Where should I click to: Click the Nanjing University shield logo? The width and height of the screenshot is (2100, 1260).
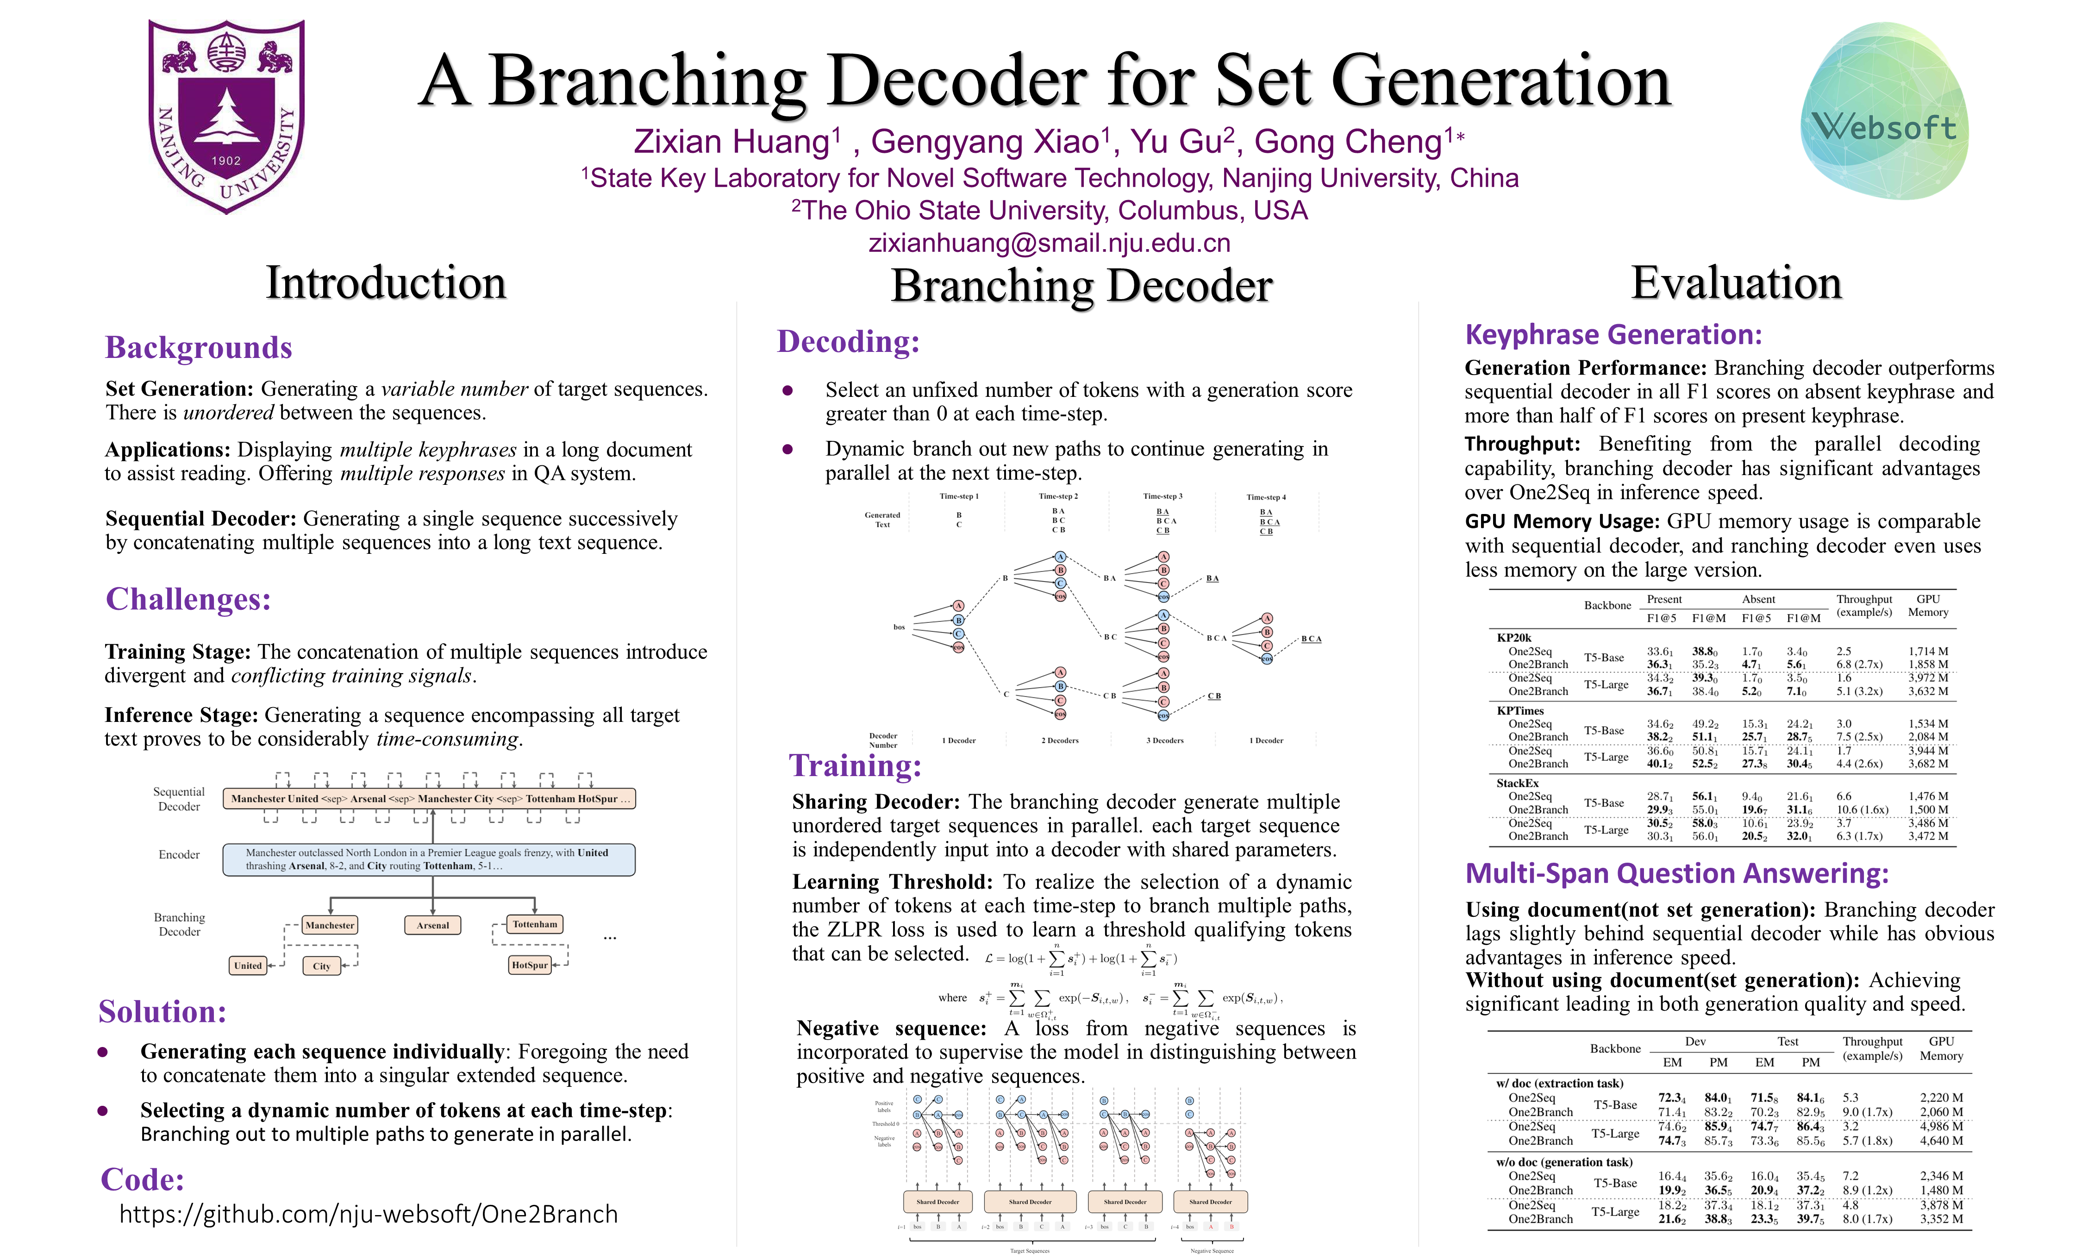[227, 116]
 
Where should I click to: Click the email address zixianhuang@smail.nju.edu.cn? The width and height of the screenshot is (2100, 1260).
[1049, 244]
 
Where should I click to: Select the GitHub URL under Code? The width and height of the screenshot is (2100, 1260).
[369, 1214]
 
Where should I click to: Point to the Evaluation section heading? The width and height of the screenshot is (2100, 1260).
[1736, 283]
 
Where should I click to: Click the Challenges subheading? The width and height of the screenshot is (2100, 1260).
[187, 599]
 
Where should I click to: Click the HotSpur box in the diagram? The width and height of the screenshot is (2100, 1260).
[530, 965]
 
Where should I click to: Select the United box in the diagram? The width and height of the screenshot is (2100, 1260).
[248, 965]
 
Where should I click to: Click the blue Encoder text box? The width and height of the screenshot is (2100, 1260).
[429, 859]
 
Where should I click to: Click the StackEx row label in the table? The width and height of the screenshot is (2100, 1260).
[1517, 783]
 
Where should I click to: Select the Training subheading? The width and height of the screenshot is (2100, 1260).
[855, 766]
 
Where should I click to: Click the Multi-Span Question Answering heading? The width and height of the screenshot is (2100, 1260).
[1676, 874]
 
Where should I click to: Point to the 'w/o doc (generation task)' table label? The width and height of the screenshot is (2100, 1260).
[1563, 1161]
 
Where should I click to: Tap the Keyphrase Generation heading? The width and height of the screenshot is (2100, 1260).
[1613, 334]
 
